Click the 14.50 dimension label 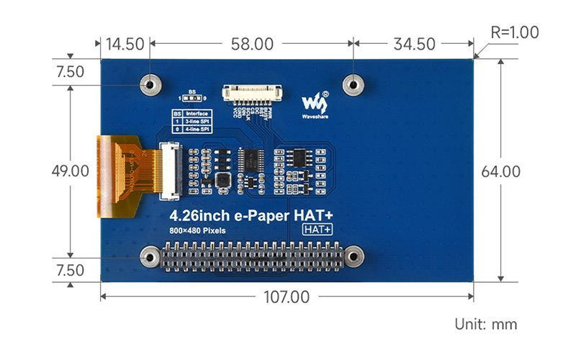pos(125,44)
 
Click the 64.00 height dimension pos(500,171)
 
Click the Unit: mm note pos(485,324)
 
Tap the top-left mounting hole pos(150,84)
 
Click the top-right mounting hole pos(353,84)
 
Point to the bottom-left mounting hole pos(150,257)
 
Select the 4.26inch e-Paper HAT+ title pos(251,215)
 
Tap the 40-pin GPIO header pos(251,257)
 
